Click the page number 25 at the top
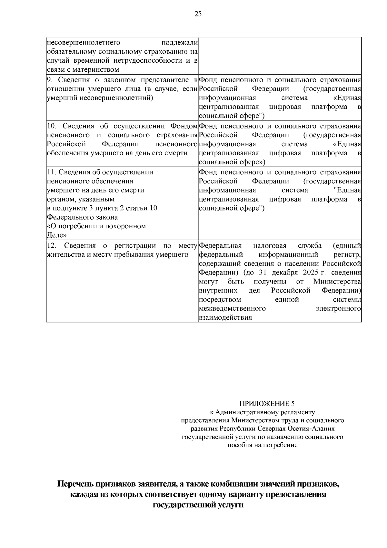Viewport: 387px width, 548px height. click(x=198, y=14)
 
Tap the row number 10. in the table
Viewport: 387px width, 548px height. click(x=52, y=126)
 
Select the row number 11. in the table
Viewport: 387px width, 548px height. click(x=51, y=172)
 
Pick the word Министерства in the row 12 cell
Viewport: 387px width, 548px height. click(x=337, y=282)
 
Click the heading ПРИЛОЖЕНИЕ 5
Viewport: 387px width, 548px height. click(x=267, y=404)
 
